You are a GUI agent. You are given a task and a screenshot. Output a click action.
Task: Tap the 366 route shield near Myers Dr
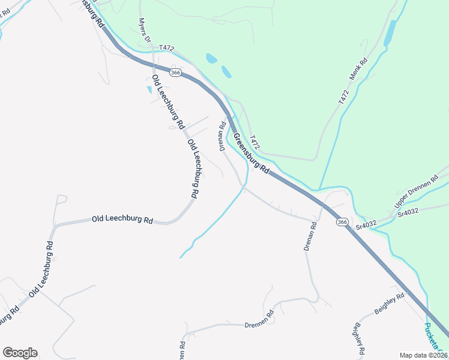[175, 73]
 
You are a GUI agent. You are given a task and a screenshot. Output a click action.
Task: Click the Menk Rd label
[359, 70]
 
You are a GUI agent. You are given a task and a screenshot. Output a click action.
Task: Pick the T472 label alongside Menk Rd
[343, 97]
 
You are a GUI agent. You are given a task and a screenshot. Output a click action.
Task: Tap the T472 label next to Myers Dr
[166, 47]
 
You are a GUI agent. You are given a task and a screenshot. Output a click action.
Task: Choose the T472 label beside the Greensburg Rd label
[255, 142]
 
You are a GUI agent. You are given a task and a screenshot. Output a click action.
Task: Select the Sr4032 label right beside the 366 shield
[366, 224]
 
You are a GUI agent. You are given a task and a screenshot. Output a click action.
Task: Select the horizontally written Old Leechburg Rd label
[122, 220]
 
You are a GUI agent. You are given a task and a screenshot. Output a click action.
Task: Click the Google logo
[20, 353]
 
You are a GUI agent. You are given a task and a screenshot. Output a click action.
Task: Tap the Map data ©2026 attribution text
[423, 355]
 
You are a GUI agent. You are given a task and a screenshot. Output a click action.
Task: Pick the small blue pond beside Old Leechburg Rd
[149, 90]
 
